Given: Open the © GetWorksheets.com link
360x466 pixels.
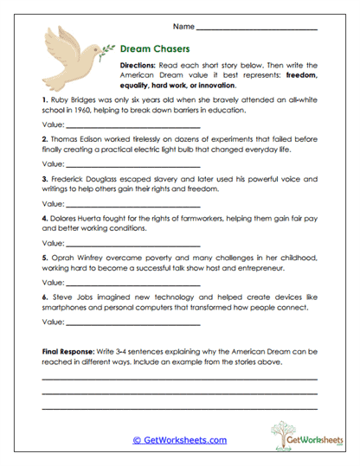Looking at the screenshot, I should pyautogui.click(x=179, y=440).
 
